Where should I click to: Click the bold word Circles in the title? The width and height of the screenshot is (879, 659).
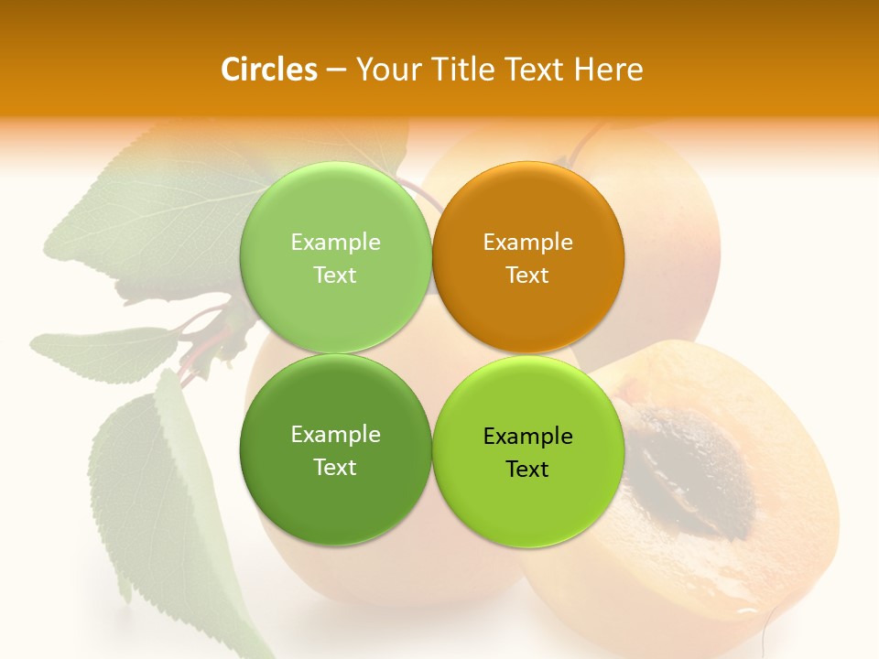click(x=268, y=70)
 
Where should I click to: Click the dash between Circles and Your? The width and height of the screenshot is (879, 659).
click(x=336, y=70)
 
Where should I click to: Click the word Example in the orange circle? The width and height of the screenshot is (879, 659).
click(x=527, y=242)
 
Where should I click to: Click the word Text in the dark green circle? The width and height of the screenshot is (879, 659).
click(x=335, y=467)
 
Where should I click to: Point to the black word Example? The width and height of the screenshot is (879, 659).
click(x=527, y=436)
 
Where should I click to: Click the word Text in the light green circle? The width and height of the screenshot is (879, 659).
click(x=335, y=275)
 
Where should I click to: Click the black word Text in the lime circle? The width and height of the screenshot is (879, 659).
click(x=527, y=469)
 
